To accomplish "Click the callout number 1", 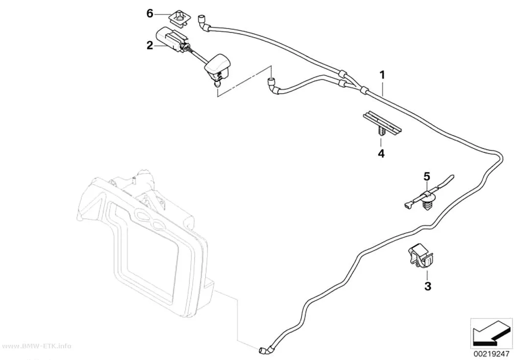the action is point(382,75).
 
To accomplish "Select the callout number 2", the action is point(150,45).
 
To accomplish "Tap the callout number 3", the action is point(428,286).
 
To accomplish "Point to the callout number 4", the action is point(381,153).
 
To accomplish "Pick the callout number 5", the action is point(426,176).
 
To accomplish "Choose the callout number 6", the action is point(150,14).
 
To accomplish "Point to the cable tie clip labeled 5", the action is point(428,196).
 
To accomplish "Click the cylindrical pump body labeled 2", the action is point(169,39).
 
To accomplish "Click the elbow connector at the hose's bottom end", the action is point(267,349).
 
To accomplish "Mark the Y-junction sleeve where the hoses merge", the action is point(363,89).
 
